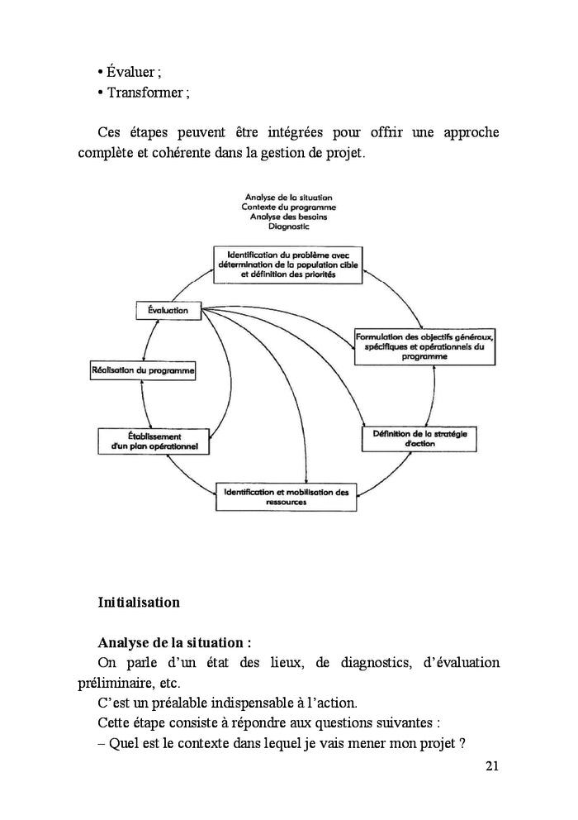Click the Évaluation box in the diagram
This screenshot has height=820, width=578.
(x=168, y=311)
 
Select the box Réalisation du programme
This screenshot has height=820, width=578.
(x=142, y=372)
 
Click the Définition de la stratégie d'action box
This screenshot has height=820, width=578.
(x=420, y=438)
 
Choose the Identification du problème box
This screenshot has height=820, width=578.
(x=287, y=265)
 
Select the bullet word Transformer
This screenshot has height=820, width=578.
(x=147, y=92)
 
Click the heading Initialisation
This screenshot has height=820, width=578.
(x=138, y=603)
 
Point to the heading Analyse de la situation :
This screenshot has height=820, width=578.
(x=173, y=642)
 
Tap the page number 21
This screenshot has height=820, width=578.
(x=492, y=766)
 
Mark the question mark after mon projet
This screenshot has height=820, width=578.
(x=462, y=743)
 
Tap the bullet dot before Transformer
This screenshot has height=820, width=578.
(x=100, y=92)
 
